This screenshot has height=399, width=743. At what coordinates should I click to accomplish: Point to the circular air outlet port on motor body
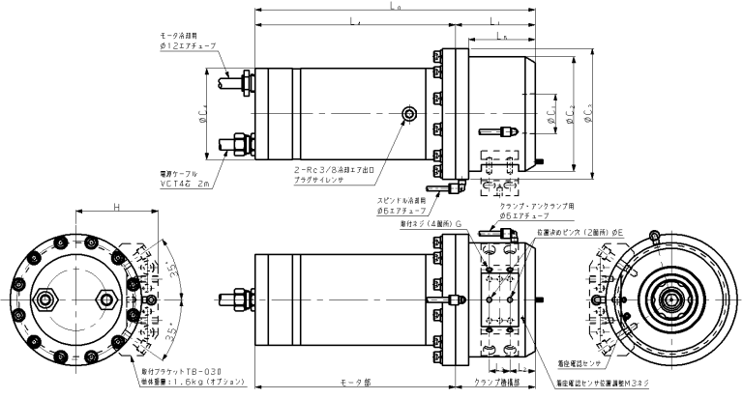click(412, 115)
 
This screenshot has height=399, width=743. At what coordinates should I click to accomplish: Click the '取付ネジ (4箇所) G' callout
click(431, 221)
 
